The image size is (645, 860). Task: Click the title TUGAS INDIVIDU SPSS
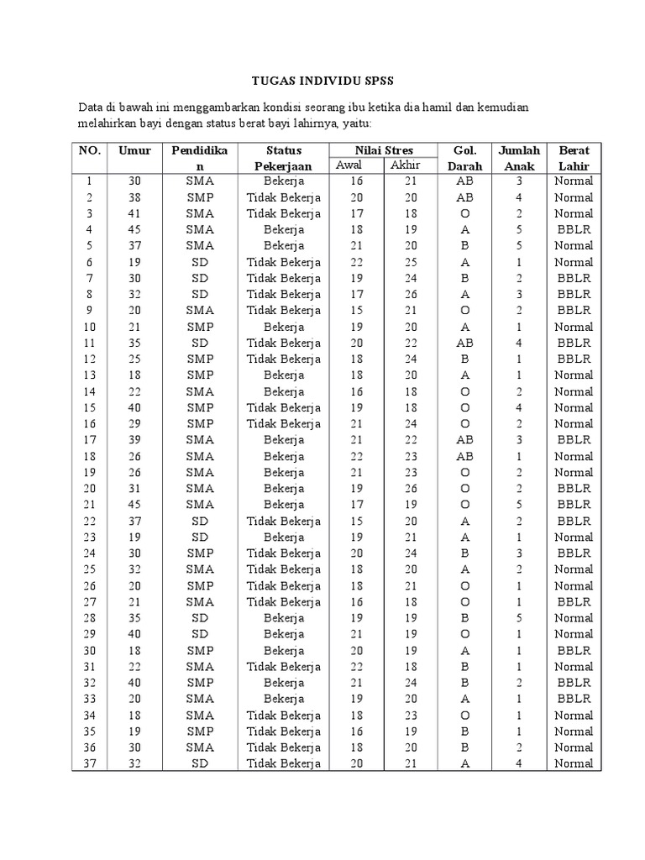[322, 81]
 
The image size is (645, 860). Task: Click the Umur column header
[134, 150]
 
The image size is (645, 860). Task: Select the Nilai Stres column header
[383, 150]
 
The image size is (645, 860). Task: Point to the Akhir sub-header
[405, 165]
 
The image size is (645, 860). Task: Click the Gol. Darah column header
[464, 158]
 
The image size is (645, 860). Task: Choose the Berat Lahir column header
[574, 158]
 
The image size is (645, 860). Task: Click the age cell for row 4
[134, 229]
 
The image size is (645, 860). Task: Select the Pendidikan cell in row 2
[200, 197]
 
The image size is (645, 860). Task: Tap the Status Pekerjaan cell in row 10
[284, 327]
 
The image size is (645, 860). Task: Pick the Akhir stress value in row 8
[411, 295]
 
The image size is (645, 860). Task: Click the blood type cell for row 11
[464, 343]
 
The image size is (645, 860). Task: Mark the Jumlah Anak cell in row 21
[519, 505]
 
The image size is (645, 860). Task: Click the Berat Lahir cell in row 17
[574, 440]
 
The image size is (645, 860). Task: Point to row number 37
[89, 763]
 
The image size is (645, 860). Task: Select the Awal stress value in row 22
[356, 521]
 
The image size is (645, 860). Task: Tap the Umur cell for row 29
[134, 634]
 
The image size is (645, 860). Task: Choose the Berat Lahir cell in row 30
[574, 650]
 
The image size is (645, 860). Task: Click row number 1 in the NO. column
[89, 181]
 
